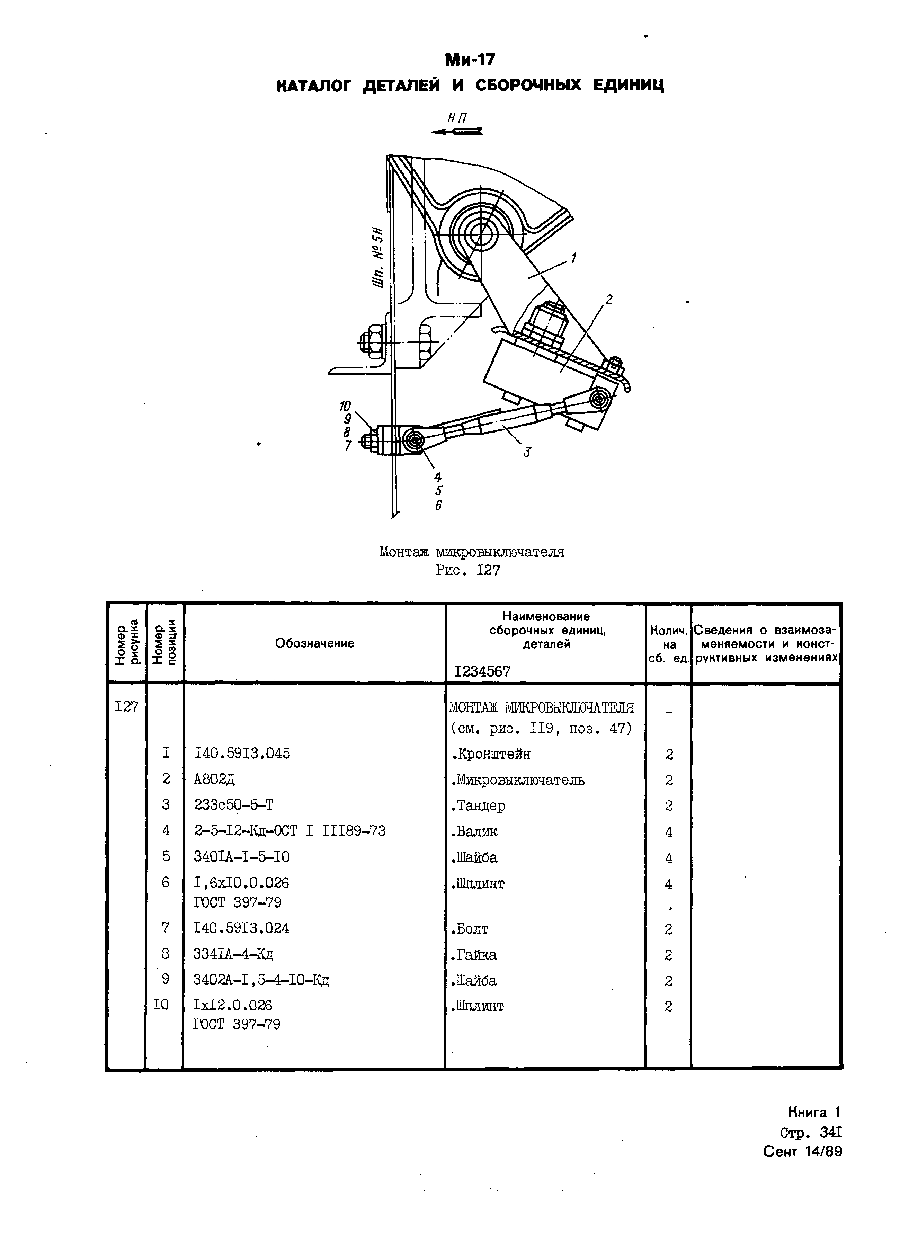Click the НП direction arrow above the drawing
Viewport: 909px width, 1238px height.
457,131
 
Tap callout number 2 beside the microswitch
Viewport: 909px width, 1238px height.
608,300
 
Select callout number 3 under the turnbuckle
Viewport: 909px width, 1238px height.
527,452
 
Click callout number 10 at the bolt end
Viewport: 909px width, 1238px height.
345,407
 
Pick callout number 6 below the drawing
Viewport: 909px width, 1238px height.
438,505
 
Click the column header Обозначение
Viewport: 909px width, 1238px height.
314,643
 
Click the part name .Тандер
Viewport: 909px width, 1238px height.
478,805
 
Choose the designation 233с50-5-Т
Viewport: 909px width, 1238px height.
233,805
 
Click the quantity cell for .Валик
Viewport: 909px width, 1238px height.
669,832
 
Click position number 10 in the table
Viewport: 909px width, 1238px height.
161,1005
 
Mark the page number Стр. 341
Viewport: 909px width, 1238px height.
811,1133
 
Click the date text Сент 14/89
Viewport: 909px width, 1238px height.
802,1152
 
